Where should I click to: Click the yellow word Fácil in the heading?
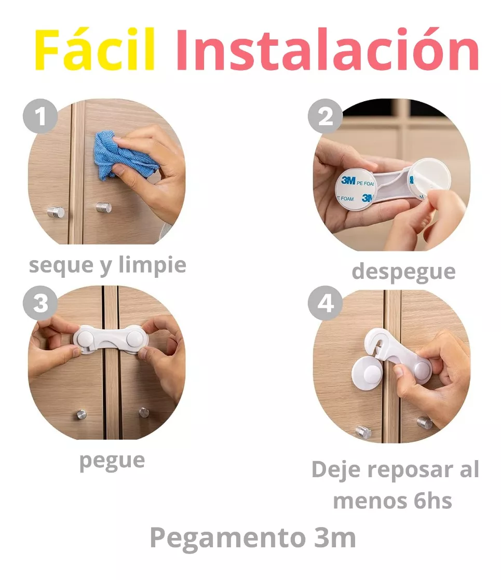(x=94, y=49)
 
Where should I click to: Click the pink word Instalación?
(x=328, y=49)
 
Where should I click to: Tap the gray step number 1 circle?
(x=40, y=116)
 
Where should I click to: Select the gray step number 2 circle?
(x=326, y=116)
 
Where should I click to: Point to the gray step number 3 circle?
(x=40, y=303)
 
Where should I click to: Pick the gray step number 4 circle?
(x=326, y=303)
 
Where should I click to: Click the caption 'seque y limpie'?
(x=107, y=265)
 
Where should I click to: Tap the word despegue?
(x=403, y=272)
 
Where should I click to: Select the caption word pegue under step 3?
(x=112, y=461)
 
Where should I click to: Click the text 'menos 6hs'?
(x=392, y=501)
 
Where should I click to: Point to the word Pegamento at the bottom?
(x=227, y=538)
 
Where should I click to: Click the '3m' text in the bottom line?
(x=335, y=537)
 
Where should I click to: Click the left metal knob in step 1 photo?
(x=56, y=212)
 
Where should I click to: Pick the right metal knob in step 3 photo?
(x=144, y=412)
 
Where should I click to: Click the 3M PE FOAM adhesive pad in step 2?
(x=356, y=190)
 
